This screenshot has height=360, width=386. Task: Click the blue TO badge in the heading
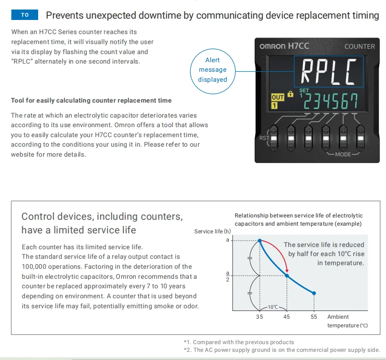click(25, 15)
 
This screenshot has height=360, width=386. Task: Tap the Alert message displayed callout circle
click(213, 70)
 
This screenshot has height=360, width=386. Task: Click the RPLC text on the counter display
click(329, 72)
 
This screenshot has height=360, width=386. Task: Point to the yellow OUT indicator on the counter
click(277, 98)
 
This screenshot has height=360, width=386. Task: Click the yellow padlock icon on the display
click(291, 94)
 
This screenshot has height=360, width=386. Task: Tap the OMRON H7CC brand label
click(285, 46)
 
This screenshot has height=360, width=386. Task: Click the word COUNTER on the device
click(360, 46)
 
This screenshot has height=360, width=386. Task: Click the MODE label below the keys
click(343, 154)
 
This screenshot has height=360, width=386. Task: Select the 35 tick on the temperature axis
click(259, 317)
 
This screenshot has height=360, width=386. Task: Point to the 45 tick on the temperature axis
click(287, 317)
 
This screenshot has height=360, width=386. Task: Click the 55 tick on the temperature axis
click(314, 317)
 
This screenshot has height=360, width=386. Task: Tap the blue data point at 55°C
click(314, 293)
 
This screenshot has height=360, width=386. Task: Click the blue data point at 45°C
click(287, 275)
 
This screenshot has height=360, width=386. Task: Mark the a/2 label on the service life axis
click(228, 276)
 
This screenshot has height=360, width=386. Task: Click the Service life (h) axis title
click(213, 232)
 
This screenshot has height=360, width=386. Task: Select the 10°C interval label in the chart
click(273, 307)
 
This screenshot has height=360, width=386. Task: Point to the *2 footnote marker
click(188, 350)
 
